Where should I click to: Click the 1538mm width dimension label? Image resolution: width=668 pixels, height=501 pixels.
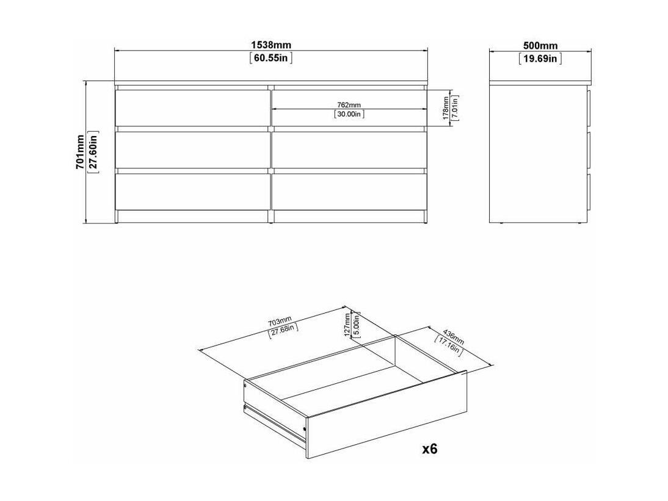tap(271, 45)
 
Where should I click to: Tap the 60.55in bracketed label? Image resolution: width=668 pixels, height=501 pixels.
tap(271, 58)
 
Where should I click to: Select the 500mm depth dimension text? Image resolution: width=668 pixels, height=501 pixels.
tap(540, 46)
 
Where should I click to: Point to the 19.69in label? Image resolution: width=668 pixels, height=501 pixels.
tap(540, 59)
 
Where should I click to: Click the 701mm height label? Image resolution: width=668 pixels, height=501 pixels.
tap(79, 152)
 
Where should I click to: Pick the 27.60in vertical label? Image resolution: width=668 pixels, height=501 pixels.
tap(93, 152)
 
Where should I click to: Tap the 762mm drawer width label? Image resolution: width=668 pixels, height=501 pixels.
tap(349, 105)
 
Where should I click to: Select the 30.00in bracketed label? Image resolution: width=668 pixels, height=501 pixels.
tap(349, 114)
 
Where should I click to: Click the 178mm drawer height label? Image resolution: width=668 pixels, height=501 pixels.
tap(446, 108)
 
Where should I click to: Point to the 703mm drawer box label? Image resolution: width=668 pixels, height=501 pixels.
tap(280, 320)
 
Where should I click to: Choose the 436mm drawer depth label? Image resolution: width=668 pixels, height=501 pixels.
tap(453, 336)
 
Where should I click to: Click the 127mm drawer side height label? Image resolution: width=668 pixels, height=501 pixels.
tap(347, 325)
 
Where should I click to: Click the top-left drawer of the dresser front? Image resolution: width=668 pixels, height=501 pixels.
tap(192, 107)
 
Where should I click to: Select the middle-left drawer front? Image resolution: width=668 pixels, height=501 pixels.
tap(192, 150)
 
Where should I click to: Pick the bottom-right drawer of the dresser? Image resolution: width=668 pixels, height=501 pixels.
tap(349, 192)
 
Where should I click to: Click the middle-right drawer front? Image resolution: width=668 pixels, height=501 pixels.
tap(349, 150)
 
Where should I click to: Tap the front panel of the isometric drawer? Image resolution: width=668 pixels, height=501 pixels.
tap(387, 414)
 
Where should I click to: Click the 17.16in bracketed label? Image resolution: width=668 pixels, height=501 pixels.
tap(448, 345)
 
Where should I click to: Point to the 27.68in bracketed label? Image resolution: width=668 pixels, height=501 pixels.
tap(283, 330)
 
